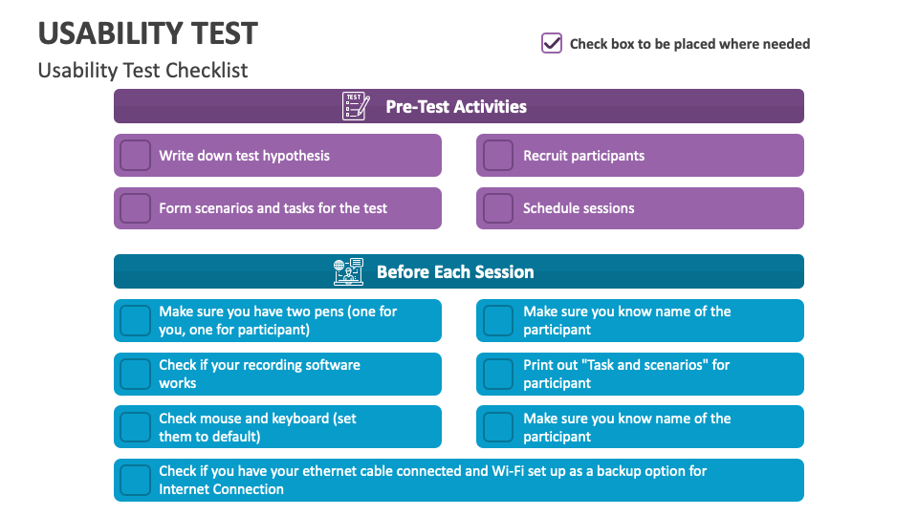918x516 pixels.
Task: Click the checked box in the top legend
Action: [x=552, y=43]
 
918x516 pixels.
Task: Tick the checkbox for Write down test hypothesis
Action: [x=135, y=156]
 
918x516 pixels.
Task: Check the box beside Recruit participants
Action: [x=498, y=156]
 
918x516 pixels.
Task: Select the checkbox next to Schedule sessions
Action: [x=498, y=208]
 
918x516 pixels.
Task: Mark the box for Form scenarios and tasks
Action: [x=135, y=208]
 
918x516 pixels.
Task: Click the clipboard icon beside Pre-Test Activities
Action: [x=355, y=106]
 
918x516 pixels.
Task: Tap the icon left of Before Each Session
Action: [x=348, y=271]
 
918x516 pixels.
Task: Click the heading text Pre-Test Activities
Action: [x=456, y=107]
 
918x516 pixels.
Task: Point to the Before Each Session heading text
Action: [x=455, y=272]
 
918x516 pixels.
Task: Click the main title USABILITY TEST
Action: [x=147, y=33]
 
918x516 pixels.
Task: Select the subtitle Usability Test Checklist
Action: [x=142, y=71]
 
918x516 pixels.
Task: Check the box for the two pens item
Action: [x=135, y=321]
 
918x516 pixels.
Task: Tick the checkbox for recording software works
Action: [x=135, y=374]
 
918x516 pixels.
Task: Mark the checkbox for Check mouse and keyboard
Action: [x=135, y=427]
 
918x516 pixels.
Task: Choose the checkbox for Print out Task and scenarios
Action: [x=498, y=374]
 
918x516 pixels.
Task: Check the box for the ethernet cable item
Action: [x=135, y=480]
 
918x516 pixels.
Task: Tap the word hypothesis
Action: [x=295, y=156]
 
